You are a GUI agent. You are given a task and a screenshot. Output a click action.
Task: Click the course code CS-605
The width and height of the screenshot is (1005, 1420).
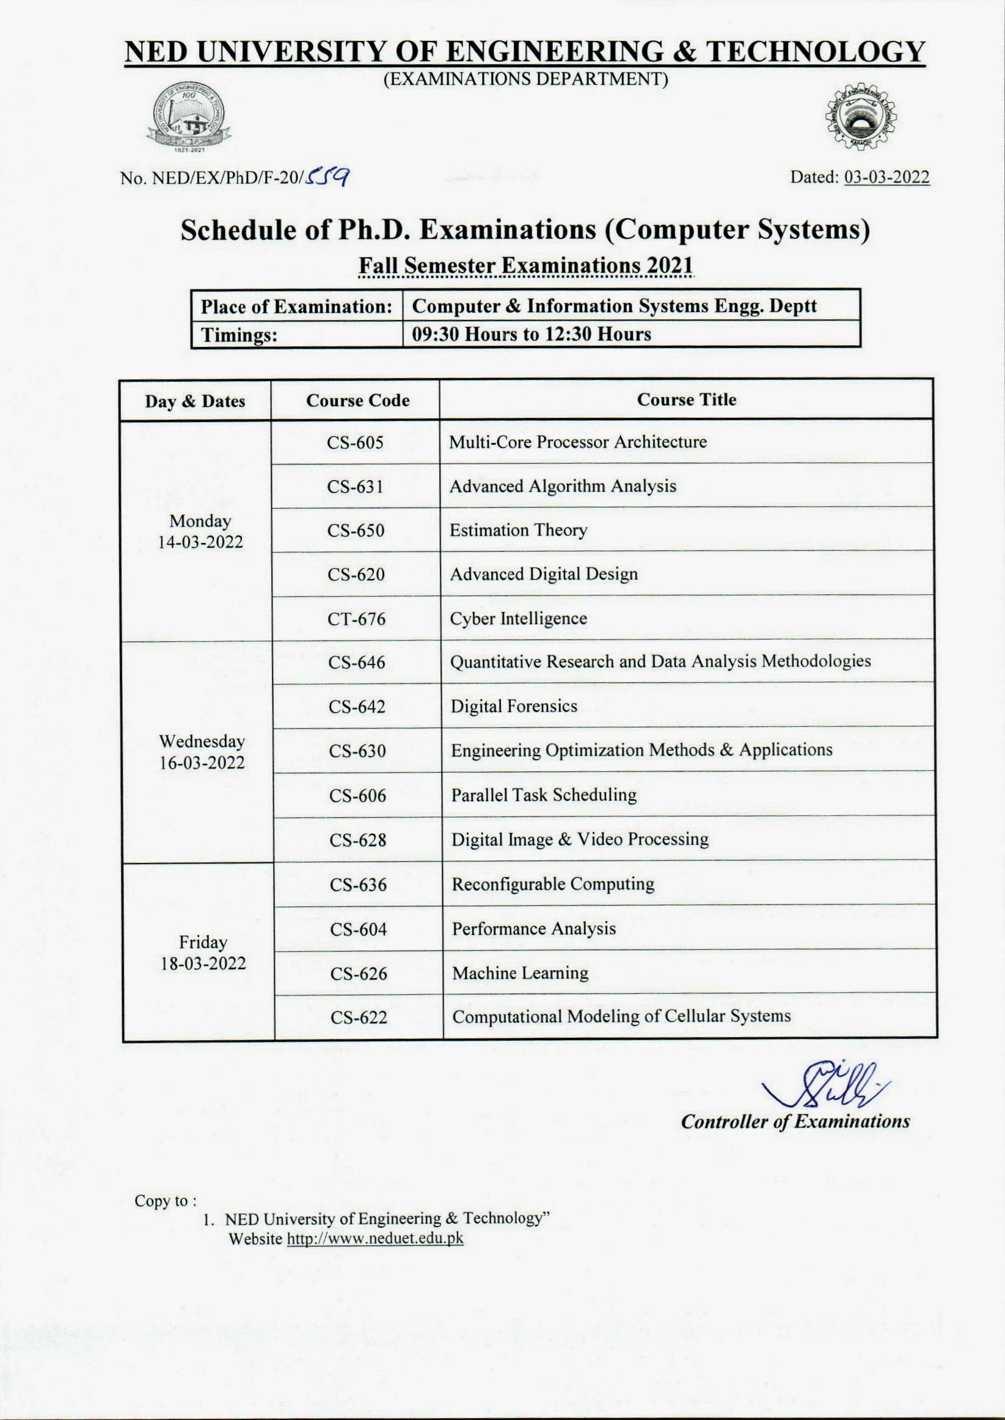(x=355, y=443)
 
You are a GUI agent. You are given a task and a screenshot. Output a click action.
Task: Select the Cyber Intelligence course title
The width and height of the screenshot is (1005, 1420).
(x=518, y=619)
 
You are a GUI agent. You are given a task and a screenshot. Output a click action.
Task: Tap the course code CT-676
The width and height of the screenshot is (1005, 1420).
(x=356, y=619)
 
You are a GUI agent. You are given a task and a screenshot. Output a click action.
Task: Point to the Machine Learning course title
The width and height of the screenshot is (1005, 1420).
(x=520, y=974)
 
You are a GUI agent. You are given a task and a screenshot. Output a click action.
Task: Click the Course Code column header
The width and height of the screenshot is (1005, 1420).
(x=357, y=401)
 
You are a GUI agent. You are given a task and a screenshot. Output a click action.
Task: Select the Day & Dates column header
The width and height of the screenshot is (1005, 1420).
(x=195, y=401)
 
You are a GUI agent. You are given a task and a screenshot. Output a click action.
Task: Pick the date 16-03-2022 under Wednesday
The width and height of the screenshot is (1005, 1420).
(x=202, y=763)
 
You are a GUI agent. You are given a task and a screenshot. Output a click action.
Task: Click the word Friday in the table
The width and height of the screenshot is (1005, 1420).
(x=203, y=942)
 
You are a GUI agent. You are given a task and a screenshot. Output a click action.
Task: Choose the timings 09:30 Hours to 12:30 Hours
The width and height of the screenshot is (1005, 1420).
(x=531, y=335)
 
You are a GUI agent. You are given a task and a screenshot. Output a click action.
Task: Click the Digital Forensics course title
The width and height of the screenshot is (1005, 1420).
(x=514, y=706)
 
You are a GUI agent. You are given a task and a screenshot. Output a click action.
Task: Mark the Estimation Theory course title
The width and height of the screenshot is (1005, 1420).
(x=518, y=531)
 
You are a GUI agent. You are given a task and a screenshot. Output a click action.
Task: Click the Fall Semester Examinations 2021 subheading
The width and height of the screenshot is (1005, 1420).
(x=526, y=266)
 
